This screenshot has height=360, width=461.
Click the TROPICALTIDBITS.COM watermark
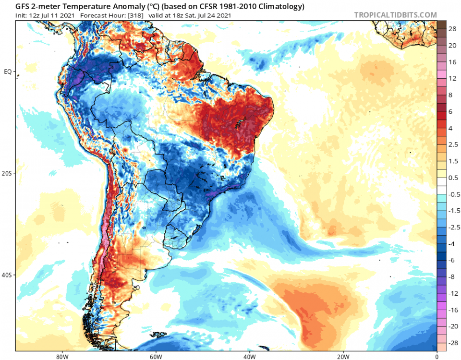pyautogui.click(x=395, y=15)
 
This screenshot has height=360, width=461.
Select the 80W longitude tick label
pyautogui.click(x=61, y=357)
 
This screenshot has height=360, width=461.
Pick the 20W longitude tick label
pyautogui.click(x=343, y=357)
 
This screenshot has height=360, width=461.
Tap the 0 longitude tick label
pyautogui.click(x=437, y=357)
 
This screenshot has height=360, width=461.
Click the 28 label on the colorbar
pyautogui.click(x=452, y=29)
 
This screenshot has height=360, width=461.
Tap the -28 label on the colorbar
pyautogui.click(x=453, y=343)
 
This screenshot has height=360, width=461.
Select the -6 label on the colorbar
pyautogui.click(x=452, y=260)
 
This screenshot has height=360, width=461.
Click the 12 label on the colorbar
pyautogui.click(x=452, y=78)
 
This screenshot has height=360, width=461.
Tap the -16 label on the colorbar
pyautogui.click(x=453, y=311)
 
